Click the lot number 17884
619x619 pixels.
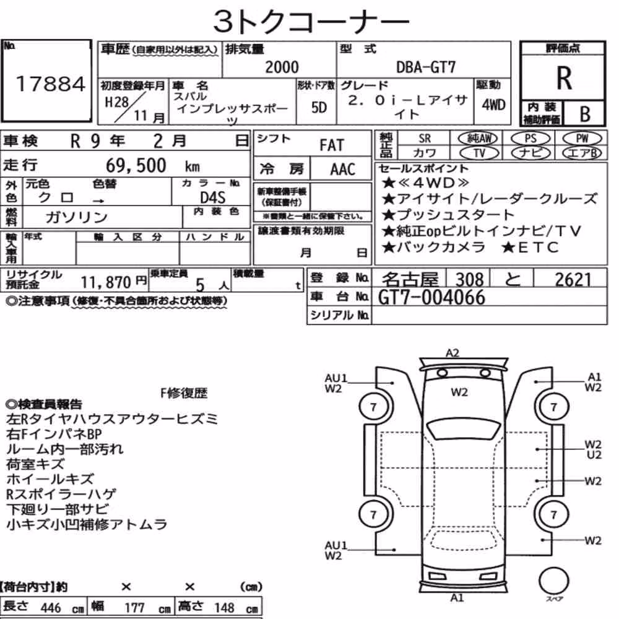coord(51,84)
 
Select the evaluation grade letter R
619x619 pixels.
coord(564,78)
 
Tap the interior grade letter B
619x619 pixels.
coord(585,114)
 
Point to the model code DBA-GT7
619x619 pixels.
coord(426,67)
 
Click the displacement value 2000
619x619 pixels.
coord(282,67)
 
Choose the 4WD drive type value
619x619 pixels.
coord(493,105)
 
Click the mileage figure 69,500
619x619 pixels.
coord(136,165)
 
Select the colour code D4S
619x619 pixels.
coord(212,197)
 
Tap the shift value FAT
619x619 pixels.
coord(332,145)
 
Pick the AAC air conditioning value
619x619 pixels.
coord(343,169)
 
